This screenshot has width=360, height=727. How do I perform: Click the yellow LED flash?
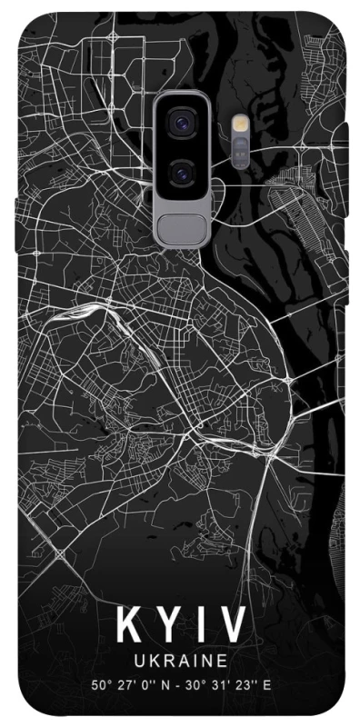(x=240, y=123)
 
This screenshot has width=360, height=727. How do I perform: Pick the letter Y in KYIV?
(x=166, y=625)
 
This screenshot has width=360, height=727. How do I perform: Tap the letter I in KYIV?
(x=201, y=625)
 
